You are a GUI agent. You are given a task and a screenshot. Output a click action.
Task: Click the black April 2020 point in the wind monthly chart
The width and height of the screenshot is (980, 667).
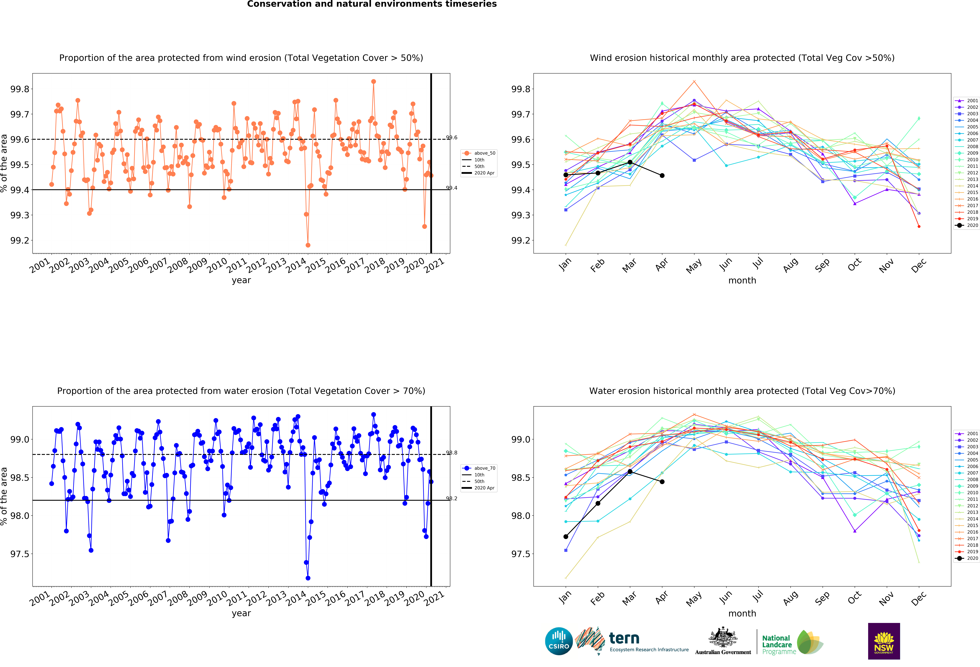click(662, 176)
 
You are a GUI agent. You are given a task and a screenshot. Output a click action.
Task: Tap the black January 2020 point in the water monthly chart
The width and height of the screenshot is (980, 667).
click(566, 537)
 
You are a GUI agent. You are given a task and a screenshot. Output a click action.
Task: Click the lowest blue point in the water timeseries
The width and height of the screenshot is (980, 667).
click(308, 578)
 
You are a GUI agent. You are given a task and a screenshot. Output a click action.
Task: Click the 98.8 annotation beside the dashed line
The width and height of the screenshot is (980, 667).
click(452, 453)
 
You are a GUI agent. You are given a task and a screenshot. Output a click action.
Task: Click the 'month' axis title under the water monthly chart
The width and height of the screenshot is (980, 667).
click(742, 613)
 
